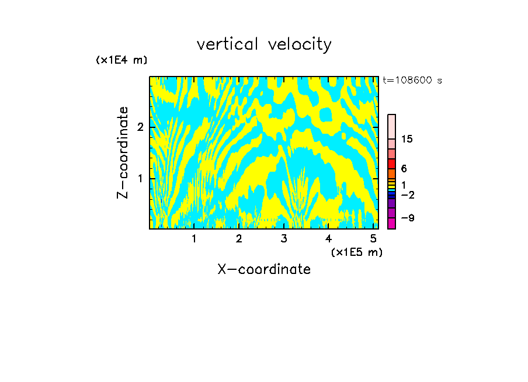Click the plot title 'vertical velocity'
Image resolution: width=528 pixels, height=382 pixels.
pos(264,44)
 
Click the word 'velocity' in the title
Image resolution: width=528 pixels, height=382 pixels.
pos(298,44)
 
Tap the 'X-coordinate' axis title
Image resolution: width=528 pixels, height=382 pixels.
pos(264,269)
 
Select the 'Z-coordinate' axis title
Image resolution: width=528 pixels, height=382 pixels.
pos(123,152)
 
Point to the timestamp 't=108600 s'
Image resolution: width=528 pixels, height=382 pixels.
pos(412,80)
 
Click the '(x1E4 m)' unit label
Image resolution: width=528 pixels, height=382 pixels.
pos(121,60)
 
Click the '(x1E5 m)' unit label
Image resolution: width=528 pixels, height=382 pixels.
pos(356,252)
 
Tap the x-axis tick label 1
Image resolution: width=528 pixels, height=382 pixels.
pos(194,238)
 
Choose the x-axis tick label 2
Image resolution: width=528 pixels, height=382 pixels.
pos(239,238)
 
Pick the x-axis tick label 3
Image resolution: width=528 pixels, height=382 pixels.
pos(284,238)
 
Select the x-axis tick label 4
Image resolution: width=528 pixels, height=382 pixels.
pos(328,238)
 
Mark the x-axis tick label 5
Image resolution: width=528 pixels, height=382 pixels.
pos(373,238)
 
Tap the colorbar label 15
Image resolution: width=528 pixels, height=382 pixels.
pos(407,139)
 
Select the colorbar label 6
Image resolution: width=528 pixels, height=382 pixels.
pos(404,168)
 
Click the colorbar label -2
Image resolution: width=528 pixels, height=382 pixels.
pos(407,194)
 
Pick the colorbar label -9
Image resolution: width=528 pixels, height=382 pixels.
pos(407,218)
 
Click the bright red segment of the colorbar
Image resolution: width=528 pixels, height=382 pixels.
pos(391,164)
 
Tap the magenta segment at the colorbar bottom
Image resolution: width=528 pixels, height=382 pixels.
pos(391,223)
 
